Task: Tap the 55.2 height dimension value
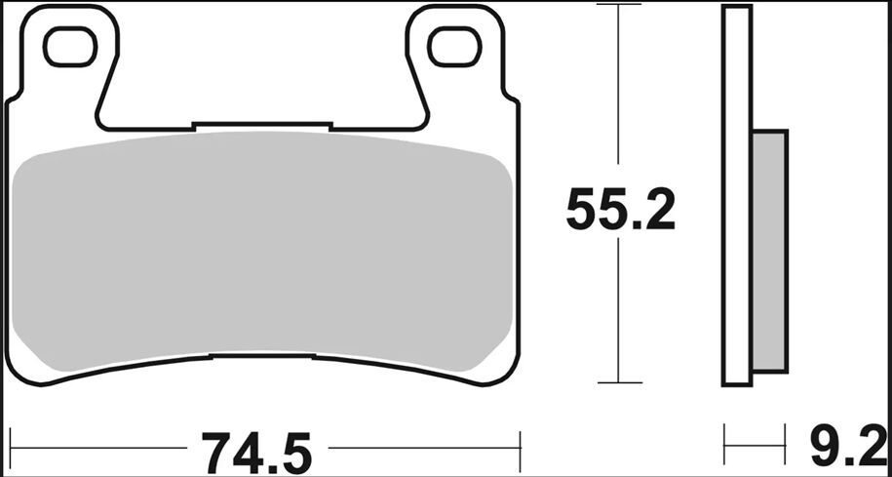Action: click(620, 211)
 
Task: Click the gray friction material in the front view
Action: click(263, 254)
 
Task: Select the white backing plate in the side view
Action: click(737, 195)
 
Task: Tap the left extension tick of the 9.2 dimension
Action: click(724, 445)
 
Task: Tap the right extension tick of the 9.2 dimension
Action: click(786, 445)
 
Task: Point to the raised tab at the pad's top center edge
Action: click(263, 126)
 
